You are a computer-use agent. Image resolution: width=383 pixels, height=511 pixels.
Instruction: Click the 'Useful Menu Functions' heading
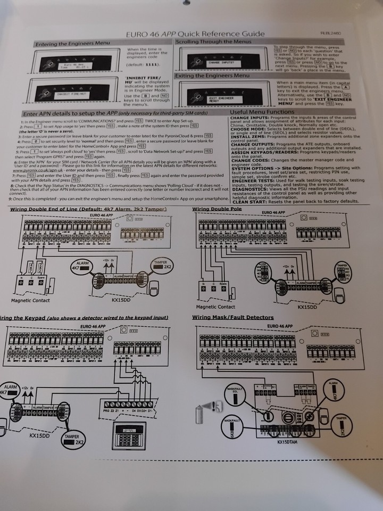(x=262, y=112)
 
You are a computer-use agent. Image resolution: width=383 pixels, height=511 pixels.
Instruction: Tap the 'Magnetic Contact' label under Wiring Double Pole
(x=215, y=307)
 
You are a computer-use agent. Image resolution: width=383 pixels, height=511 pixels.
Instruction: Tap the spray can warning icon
(x=212, y=407)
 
